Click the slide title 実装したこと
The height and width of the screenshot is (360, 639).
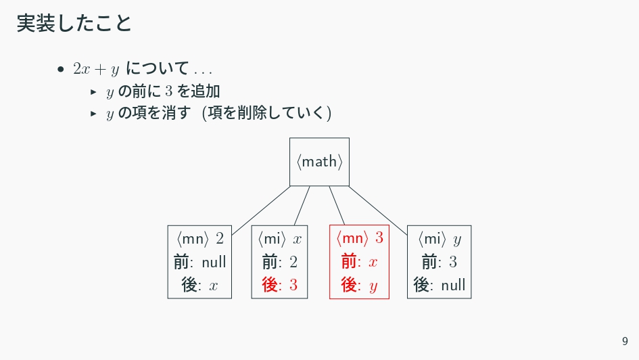[74, 23]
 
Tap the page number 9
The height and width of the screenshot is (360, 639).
[625, 341]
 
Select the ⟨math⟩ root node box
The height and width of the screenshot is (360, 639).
[319, 162]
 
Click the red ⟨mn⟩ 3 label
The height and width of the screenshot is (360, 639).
[360, 238]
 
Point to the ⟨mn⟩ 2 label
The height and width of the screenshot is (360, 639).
[199, 238]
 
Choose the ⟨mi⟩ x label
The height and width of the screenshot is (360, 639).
[279, 238]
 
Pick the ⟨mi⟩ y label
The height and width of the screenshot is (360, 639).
[440, 239]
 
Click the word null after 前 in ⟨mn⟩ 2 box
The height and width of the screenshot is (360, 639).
[214, 262]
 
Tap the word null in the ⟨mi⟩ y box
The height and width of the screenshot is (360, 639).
[453, 285]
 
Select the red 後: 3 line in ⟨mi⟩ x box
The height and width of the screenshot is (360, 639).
[279, 285]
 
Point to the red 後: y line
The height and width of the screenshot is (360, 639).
[360, 285]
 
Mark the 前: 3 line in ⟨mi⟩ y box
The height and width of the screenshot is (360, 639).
[440, 262]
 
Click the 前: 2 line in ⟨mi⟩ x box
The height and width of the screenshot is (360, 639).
[279, 262]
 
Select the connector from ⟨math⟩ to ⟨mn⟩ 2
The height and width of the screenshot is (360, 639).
[261, 210]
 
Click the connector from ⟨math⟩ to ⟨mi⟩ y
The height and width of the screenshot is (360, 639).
[378, 210]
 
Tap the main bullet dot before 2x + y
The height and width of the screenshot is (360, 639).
[61, 69]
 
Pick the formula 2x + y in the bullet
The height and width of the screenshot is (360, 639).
[96, 69]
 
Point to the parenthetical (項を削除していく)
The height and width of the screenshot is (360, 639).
[266, 113]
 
